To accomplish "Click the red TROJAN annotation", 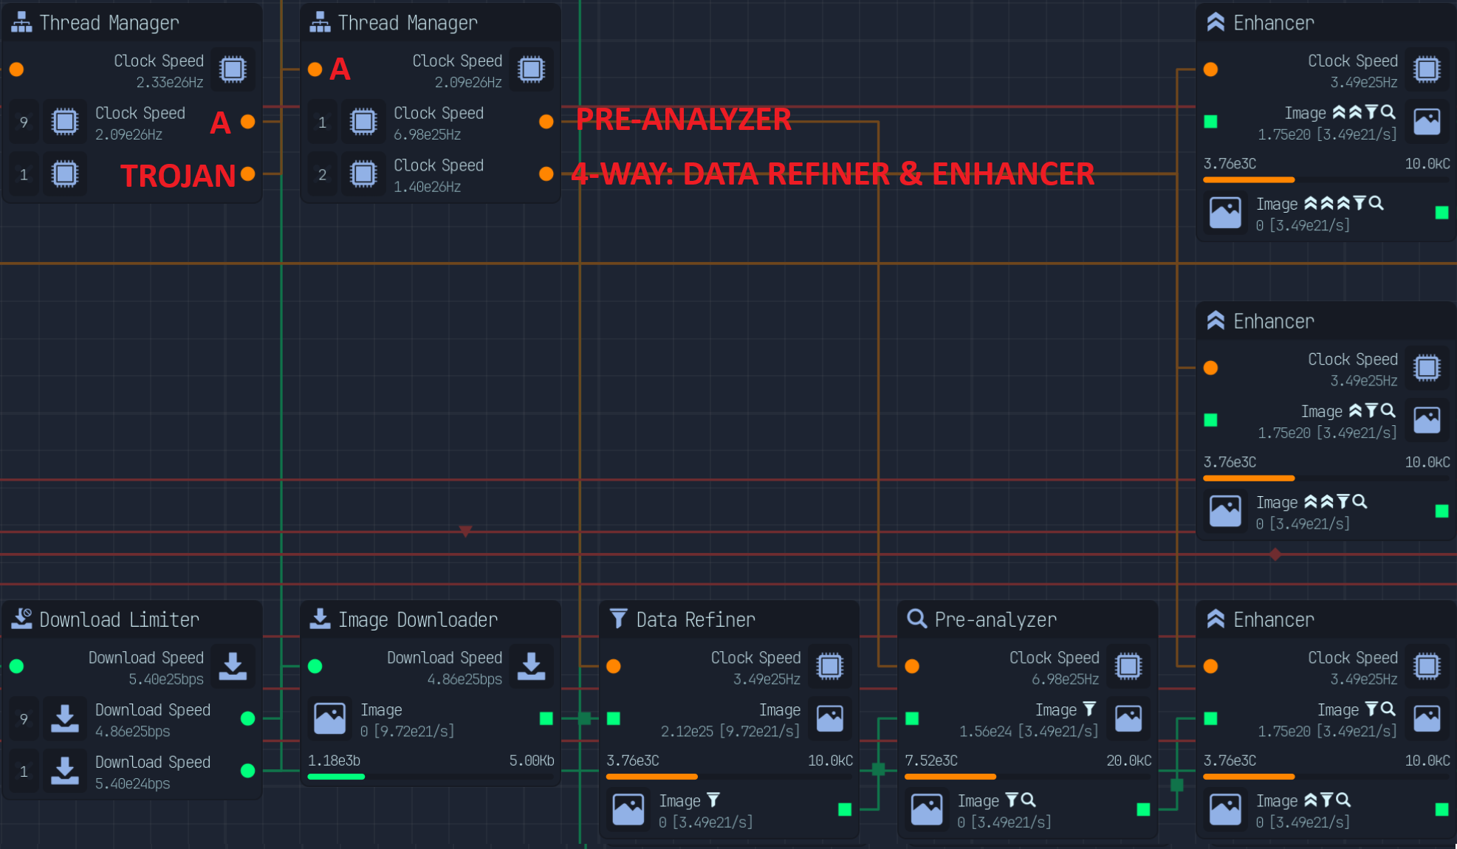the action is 178,176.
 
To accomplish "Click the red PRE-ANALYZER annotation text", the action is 683,119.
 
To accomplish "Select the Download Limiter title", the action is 119,619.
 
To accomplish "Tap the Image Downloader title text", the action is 417,619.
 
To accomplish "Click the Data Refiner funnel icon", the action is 618,619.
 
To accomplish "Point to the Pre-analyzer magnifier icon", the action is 916,619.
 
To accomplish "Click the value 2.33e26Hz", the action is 169,82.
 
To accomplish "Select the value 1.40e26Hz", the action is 427,187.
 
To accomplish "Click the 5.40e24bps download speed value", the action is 132,783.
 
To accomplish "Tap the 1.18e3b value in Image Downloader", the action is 334,760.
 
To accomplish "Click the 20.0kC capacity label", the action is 1128,760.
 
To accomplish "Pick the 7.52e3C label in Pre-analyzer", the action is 931,760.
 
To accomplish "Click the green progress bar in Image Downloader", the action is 336,777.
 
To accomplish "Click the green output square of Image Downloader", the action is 546,718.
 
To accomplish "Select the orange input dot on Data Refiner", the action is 614,667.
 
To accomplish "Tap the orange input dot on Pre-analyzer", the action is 912,667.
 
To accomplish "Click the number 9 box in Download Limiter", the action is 24,718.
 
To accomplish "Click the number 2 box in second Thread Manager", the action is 322,175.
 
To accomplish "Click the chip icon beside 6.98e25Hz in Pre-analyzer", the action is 1128,667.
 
